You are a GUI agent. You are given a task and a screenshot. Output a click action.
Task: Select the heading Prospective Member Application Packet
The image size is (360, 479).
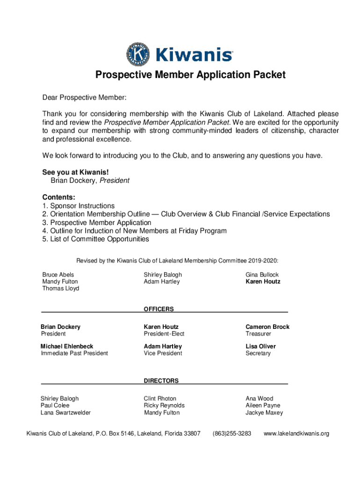click(x=190, y=75)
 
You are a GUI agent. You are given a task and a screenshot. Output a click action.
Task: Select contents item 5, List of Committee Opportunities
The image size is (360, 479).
click(x=95, y=239)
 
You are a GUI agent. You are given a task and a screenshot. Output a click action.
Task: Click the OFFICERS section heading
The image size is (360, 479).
click(x=158, y=309)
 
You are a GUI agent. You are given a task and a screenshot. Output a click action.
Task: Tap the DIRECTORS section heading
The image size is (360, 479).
click(x=161, y=381)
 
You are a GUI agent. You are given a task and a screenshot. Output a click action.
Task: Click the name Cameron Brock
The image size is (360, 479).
click(x=267, y=327)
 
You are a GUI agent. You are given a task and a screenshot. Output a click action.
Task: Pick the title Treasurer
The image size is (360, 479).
click(x=258, y=334)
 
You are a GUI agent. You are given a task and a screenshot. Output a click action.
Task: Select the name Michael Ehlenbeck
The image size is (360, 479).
click(x=67, y=347)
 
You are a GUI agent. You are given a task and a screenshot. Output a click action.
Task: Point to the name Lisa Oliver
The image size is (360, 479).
click(x=260, y=347)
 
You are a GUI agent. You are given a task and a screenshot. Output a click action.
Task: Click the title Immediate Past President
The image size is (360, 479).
click(x=74, y=353)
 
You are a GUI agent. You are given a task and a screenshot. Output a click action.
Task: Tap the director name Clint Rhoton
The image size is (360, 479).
click(x=160, y=399)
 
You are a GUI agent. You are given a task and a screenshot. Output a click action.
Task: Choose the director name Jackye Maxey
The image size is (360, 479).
click(x=264, y=413)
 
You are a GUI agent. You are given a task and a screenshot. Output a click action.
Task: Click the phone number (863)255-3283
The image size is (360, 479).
click(x=232, y=434)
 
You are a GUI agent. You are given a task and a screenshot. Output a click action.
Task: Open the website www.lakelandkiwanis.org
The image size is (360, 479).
click(x=296, y=434)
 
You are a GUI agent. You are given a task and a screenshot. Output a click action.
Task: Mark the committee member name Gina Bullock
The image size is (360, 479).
click(x=262, y=275)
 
